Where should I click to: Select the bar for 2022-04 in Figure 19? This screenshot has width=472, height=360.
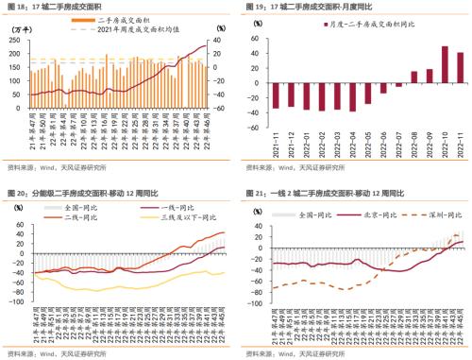[351, 97]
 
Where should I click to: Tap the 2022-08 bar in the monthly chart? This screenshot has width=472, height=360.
[414, 77]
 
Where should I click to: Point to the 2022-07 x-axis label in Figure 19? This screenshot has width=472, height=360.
[398, 146]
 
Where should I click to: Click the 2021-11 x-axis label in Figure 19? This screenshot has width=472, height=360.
[275, 146]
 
